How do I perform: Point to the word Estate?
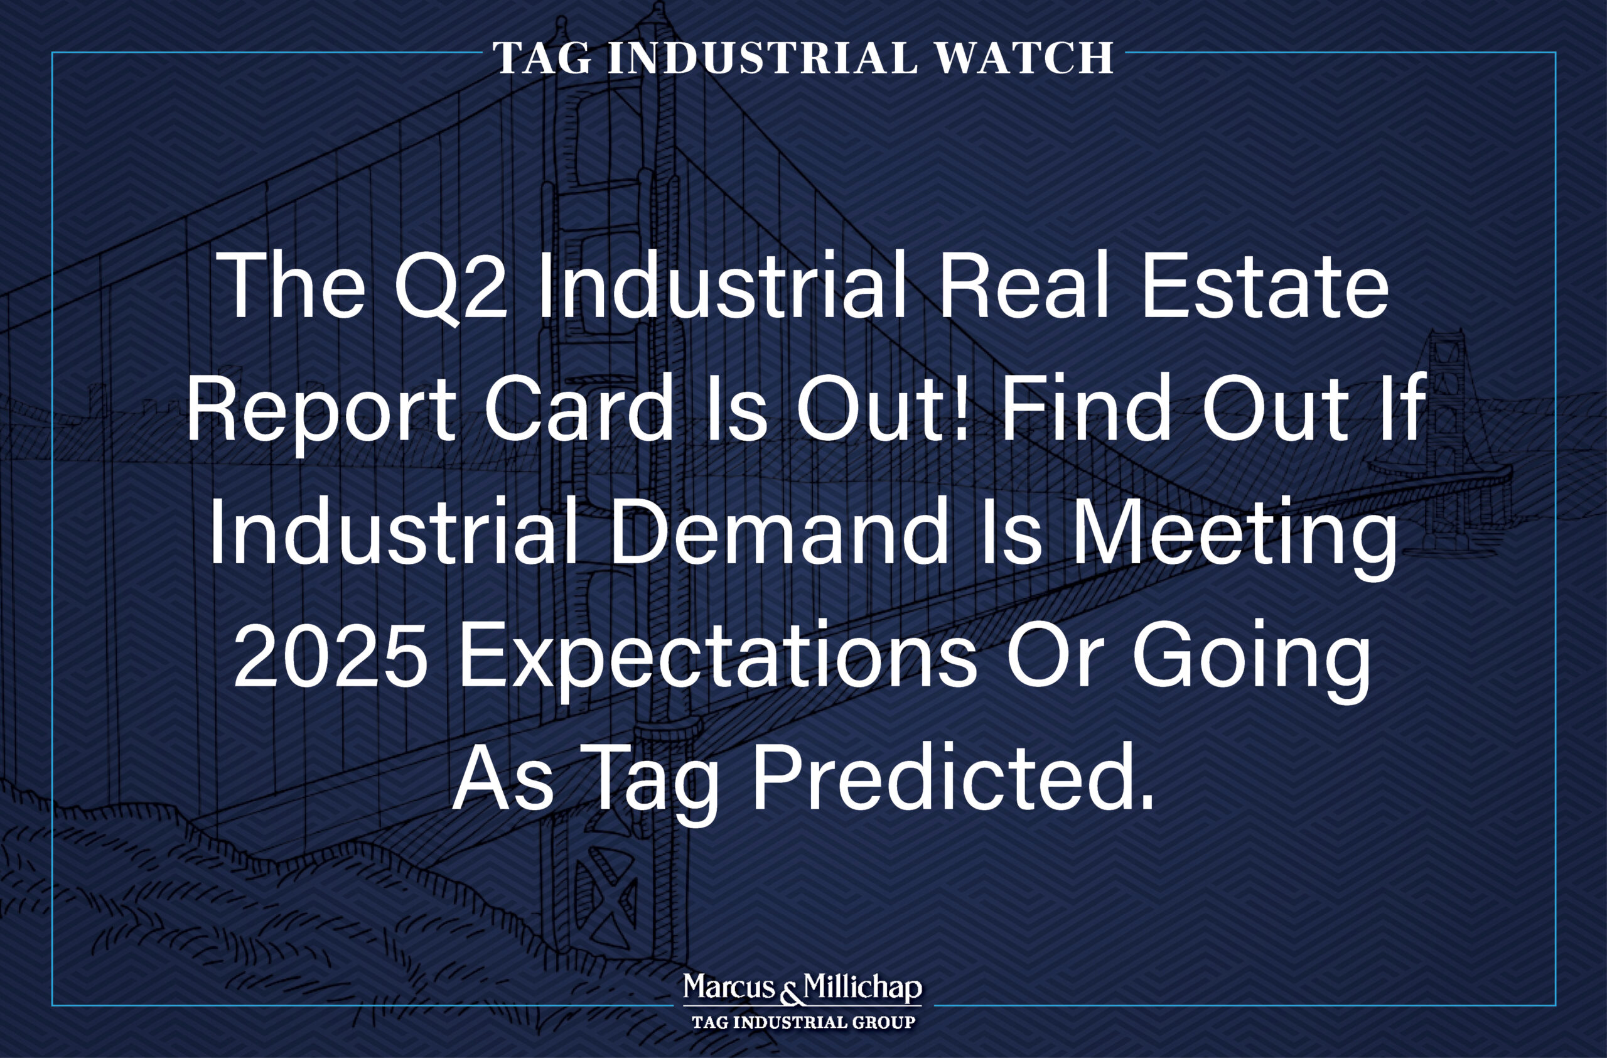(x=1264, y=286)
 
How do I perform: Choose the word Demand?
(x=780, y=532)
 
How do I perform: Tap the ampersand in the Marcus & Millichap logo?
(x=789, y=993)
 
